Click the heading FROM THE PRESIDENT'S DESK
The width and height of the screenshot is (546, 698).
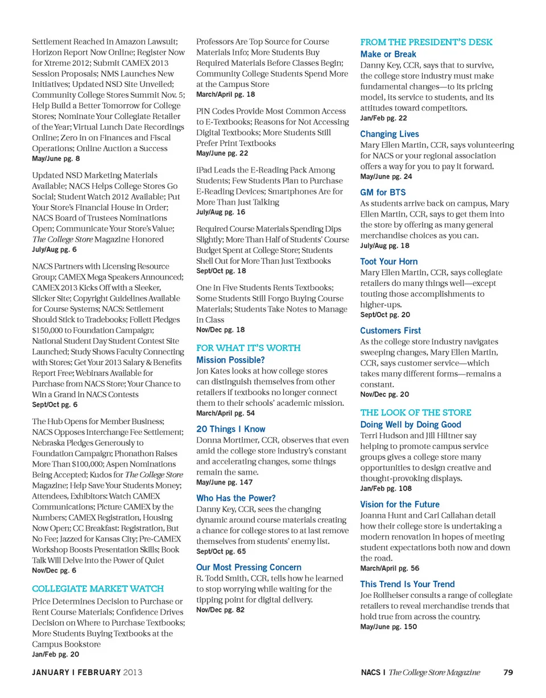tap(426, 43)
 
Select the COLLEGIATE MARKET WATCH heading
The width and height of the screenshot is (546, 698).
tap(98, 588)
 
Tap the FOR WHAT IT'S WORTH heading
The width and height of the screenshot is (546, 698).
tap(249, 347)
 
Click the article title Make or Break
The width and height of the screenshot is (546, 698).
tap(388, 54)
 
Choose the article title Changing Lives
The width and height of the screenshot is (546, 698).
tap(390, 134)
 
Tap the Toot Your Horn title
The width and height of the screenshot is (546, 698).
tap(389, 261)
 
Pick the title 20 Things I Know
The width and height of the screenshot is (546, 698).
tap(231, 429)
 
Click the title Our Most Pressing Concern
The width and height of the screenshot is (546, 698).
tap(249, 567)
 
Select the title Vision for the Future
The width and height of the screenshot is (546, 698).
tap(400, 504)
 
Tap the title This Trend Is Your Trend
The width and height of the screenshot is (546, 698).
tap(408, 584)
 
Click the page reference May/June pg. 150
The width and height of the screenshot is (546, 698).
tap(389, 626)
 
